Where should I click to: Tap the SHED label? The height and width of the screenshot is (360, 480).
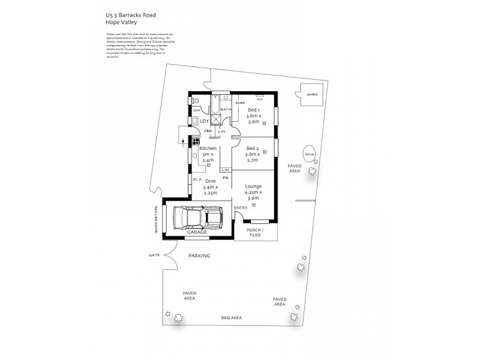tap(312, 95)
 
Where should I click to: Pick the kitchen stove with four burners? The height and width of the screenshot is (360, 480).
tap(196, 142)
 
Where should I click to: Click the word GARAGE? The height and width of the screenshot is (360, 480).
tap(197, 232)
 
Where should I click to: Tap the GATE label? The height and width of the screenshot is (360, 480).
tap(154, 255)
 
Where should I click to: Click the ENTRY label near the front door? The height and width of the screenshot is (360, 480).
tap(241, 208)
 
